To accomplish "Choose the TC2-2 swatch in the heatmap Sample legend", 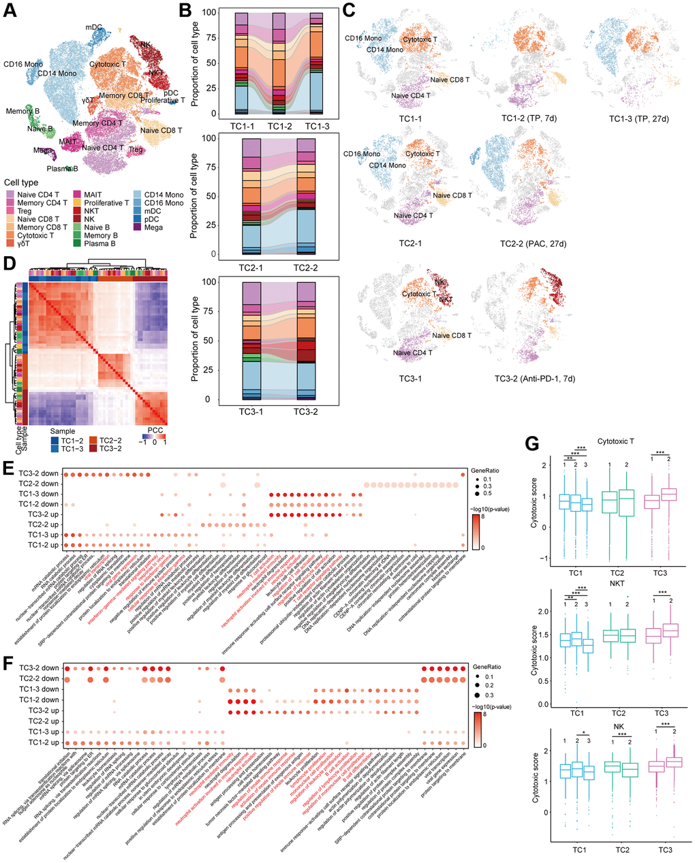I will [x=95, y=441].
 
